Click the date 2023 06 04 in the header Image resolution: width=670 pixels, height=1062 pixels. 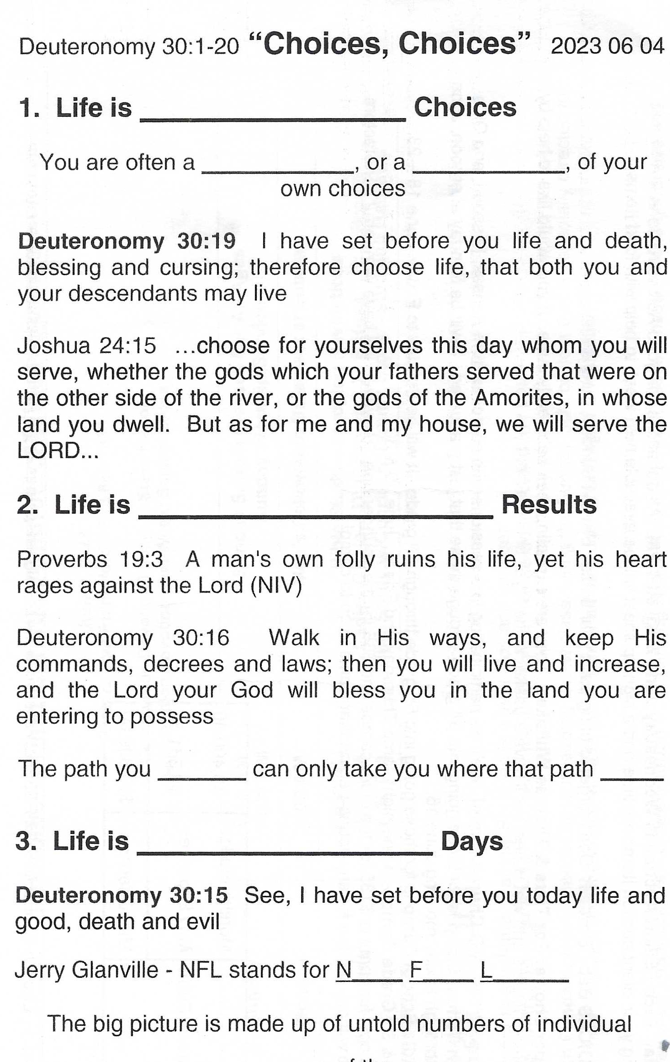(607, 46)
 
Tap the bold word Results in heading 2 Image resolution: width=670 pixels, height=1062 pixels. (549, 504)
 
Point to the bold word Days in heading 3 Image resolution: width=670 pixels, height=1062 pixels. (472, 841)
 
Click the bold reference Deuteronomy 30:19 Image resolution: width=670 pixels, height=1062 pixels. (127, 241)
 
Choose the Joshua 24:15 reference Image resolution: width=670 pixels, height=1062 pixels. (86, 346)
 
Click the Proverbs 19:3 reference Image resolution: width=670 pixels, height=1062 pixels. (90, 559)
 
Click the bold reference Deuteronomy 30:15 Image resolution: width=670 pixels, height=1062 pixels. (122, 895)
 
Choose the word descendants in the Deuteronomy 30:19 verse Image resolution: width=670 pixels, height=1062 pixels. (133, 293)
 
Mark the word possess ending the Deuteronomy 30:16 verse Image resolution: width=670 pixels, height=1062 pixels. (184, 716)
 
